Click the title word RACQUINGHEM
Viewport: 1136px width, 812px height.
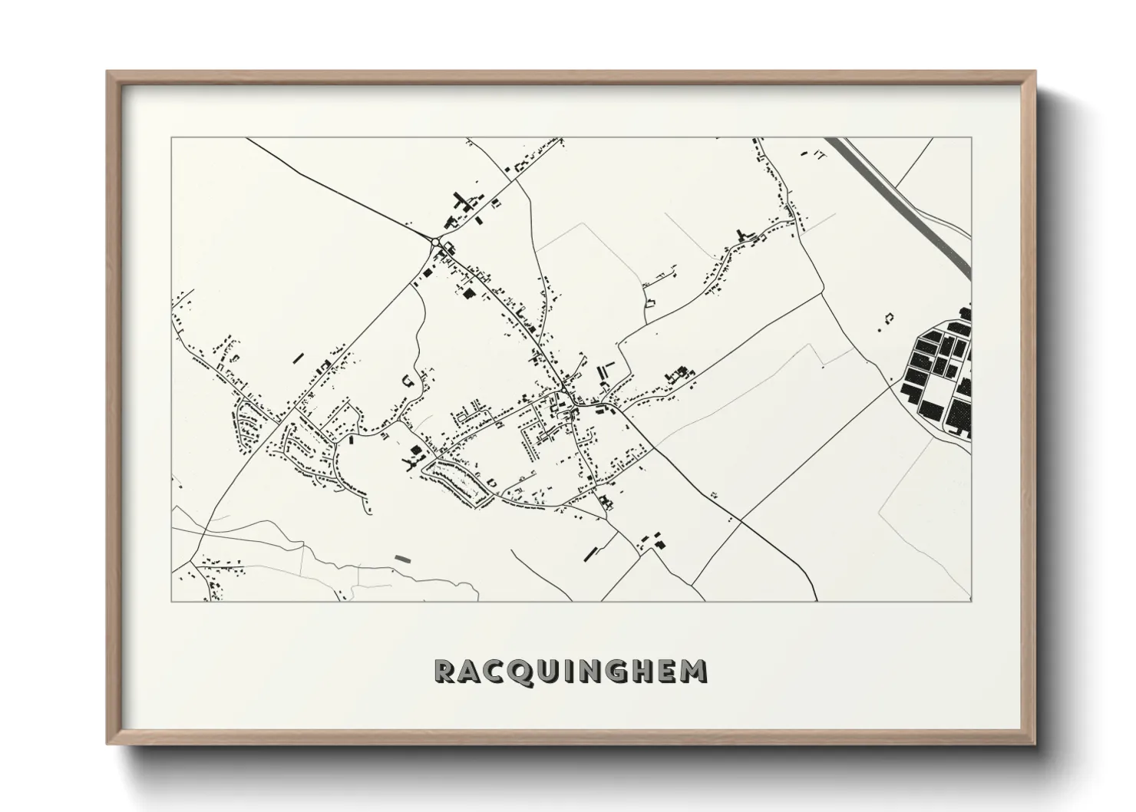[570, 671]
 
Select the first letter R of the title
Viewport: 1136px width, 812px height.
[445, 671]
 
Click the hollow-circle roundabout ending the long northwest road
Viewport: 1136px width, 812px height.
[435, 242]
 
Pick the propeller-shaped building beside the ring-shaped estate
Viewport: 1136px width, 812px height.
[410, 462]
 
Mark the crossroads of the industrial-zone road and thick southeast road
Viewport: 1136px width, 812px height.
[741, 521]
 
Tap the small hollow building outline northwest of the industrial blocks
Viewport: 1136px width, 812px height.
[890, 316]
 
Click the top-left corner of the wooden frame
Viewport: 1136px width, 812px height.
[107, 72]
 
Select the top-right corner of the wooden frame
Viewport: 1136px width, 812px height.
[1035, 72]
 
